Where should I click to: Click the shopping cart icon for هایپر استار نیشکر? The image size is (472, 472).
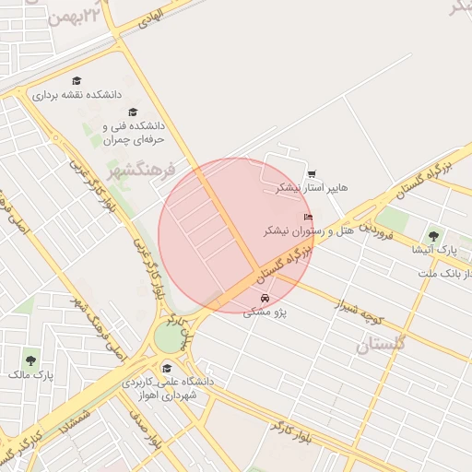tap(312, 173)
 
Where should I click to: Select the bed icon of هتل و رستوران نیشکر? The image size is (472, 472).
tap(308, 218)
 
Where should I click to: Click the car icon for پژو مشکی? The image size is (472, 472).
tap(265, 299)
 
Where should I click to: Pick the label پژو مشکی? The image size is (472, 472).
tap(265, 313)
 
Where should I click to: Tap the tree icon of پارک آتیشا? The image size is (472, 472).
tap(433, 237)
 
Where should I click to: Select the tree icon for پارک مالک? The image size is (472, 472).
tap(31, 360)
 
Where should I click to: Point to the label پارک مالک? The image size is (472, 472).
tap(31, 374)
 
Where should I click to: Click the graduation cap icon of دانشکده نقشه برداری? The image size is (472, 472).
tap(77, 81)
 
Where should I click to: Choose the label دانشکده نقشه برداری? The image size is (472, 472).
tap(77, 95)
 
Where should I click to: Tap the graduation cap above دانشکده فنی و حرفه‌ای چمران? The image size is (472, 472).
tap(134, 112)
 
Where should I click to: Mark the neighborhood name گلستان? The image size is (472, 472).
tap(381, 345)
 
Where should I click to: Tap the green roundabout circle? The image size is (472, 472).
tap(169, 337)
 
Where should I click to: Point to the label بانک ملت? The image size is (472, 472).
tap(439, 274)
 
